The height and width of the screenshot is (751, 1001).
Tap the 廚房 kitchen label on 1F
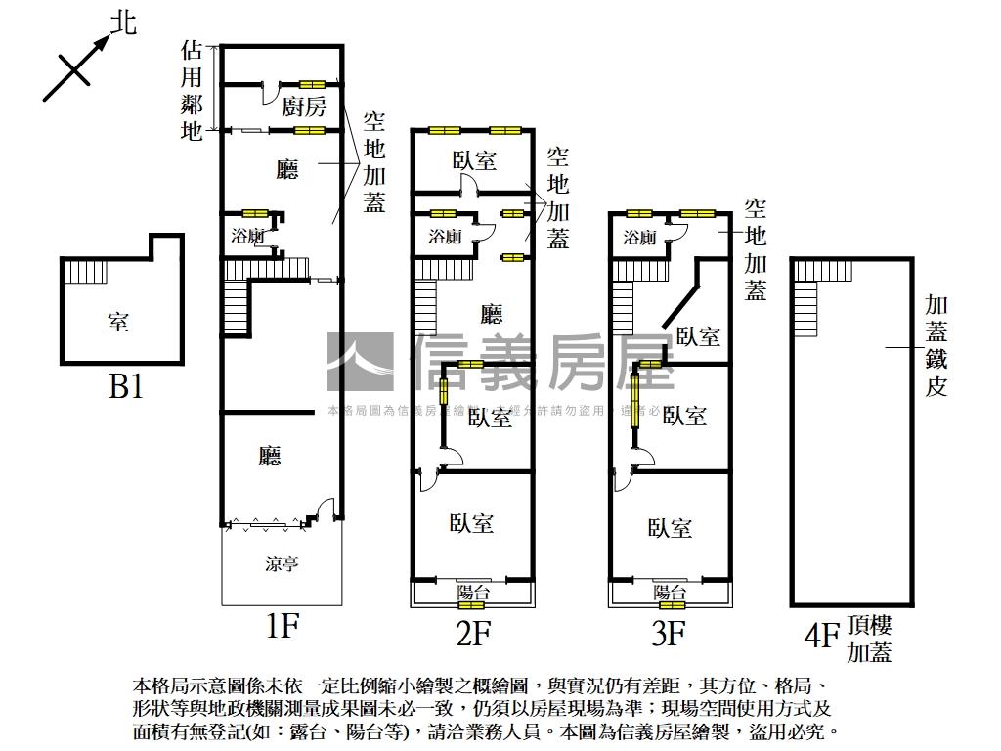[x=304, y=107]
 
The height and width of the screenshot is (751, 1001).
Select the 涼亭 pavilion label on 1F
[x=282, y=564]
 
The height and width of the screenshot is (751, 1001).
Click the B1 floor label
[x=126, y=387]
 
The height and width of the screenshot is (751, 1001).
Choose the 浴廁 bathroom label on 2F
[x=446, y=236]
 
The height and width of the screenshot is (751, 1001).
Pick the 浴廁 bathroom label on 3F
[x=639, y=237]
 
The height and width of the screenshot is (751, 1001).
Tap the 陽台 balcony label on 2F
[x=473, y=592]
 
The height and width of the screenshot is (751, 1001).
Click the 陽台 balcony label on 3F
[x=670, y=592]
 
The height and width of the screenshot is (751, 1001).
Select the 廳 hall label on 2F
[x=492, y=314]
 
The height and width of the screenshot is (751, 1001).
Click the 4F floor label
[x=821, y=637]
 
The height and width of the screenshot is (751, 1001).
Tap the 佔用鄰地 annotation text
[x=192, y=90]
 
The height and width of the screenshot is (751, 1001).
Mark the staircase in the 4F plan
[x=805, y=308]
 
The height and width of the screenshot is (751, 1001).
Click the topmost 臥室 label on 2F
[x=474, y=160]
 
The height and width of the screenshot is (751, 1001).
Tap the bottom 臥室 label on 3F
[x=671, y=529]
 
